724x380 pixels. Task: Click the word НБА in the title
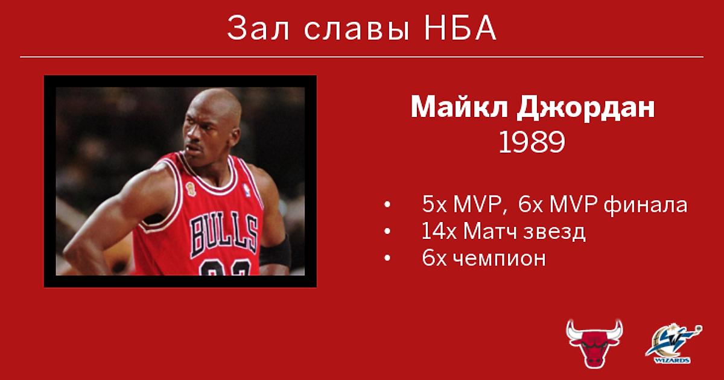[460, 28]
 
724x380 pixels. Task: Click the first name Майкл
[459, 107]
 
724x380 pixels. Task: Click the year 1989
[532, 142]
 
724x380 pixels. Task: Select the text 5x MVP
[462, 204]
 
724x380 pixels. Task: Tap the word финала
[646, 205]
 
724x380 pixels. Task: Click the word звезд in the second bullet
[554, 232]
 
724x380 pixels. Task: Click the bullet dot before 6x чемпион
[387, 258]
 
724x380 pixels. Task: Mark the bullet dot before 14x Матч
[387, 231]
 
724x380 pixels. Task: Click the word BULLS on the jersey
[224, 233]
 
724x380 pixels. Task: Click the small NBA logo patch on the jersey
[246, 190]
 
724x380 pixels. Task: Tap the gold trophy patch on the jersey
[191, 189]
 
